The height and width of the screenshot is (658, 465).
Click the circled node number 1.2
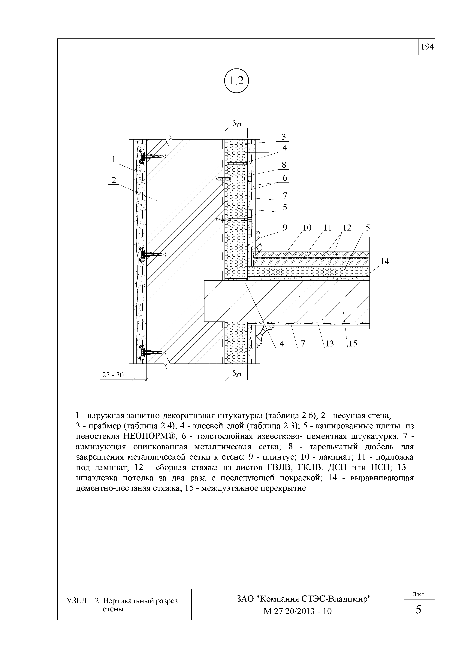tap(236, 82)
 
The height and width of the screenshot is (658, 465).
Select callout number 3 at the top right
tap(284, 137)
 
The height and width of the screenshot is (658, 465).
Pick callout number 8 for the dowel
tap(284, 165)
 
